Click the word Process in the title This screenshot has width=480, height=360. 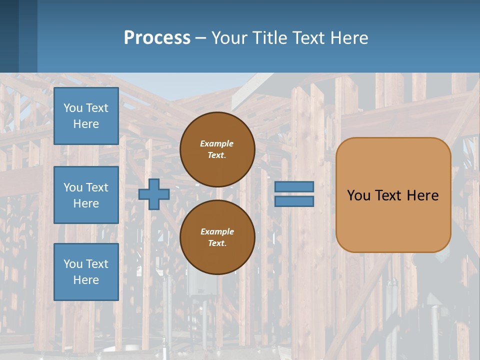(x=157, y=38)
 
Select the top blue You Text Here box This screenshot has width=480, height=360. (x=86, y=116)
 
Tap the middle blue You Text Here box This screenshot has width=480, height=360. (x=86, y=195)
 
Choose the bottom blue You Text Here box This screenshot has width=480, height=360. (x=86, y=272)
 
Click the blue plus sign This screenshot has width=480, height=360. (x=154, y=194)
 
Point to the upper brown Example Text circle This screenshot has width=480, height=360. (x=217, y=149)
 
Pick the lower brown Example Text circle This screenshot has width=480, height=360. (x=217, y=237)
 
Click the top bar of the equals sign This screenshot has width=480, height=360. (x=294, y=187)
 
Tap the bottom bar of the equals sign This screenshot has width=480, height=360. (x=294, y=201)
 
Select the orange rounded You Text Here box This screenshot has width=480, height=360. (x=393, y=195)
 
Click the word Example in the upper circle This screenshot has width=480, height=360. (x=217, y=143)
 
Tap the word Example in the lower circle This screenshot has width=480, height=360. (x=217, y=231)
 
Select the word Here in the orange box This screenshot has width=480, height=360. (x=422, y=195)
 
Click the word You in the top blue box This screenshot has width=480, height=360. (x=73, y=108)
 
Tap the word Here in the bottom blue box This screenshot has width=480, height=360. (x=86, y=280)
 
